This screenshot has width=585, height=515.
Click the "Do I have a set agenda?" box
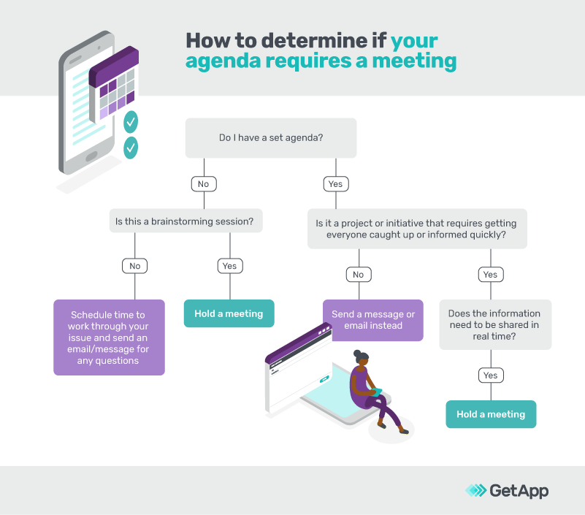pyautogui.click(x=271, y=138)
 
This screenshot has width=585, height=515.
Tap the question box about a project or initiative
pyautogui.click(x=417, y=229)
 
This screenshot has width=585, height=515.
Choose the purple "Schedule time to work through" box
pyautogui.click(x=109, y=337)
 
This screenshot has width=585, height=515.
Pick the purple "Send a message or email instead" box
pyautogui.click(x=373, y=320)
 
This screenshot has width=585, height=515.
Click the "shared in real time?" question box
pyautogui.click(x=495, y=324)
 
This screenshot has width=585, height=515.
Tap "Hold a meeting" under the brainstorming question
pyautogui.click(x=229, y=313)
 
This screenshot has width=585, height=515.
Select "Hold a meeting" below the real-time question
pyautogui.click(x=491, y=414)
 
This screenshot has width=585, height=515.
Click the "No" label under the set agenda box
pyautogui.click(x=203, y=184)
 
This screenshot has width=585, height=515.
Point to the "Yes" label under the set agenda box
pyautogui.click(x=335, y=184)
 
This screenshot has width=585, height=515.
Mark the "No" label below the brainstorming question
pyautogui.click(x=134, y=266)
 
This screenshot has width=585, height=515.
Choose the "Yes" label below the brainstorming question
pyautogui.click(x=229, y=266)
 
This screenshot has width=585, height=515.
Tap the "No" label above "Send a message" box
pyautogui.click(x=358, y=275)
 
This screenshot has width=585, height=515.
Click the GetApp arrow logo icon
pyautogui.click(x=476, y=491)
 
